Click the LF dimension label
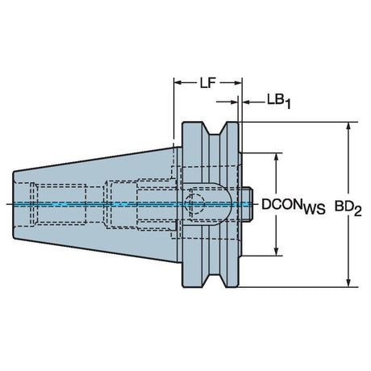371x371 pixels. [x=208, y=83]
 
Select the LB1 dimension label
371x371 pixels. [x=279, y=101]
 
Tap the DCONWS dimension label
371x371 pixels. [x=294, y=206]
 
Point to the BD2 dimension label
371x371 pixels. [x=348, y=208]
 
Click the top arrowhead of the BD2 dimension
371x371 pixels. [x=348, y=127]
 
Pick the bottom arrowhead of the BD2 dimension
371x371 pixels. [x=348, y=281]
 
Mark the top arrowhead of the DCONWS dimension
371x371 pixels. [x=276, y=158]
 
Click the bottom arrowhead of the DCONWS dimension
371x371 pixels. [x=276, y=251]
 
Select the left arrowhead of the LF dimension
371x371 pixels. [x=179, y=83]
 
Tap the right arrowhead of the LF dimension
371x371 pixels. [x=237, y=83]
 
